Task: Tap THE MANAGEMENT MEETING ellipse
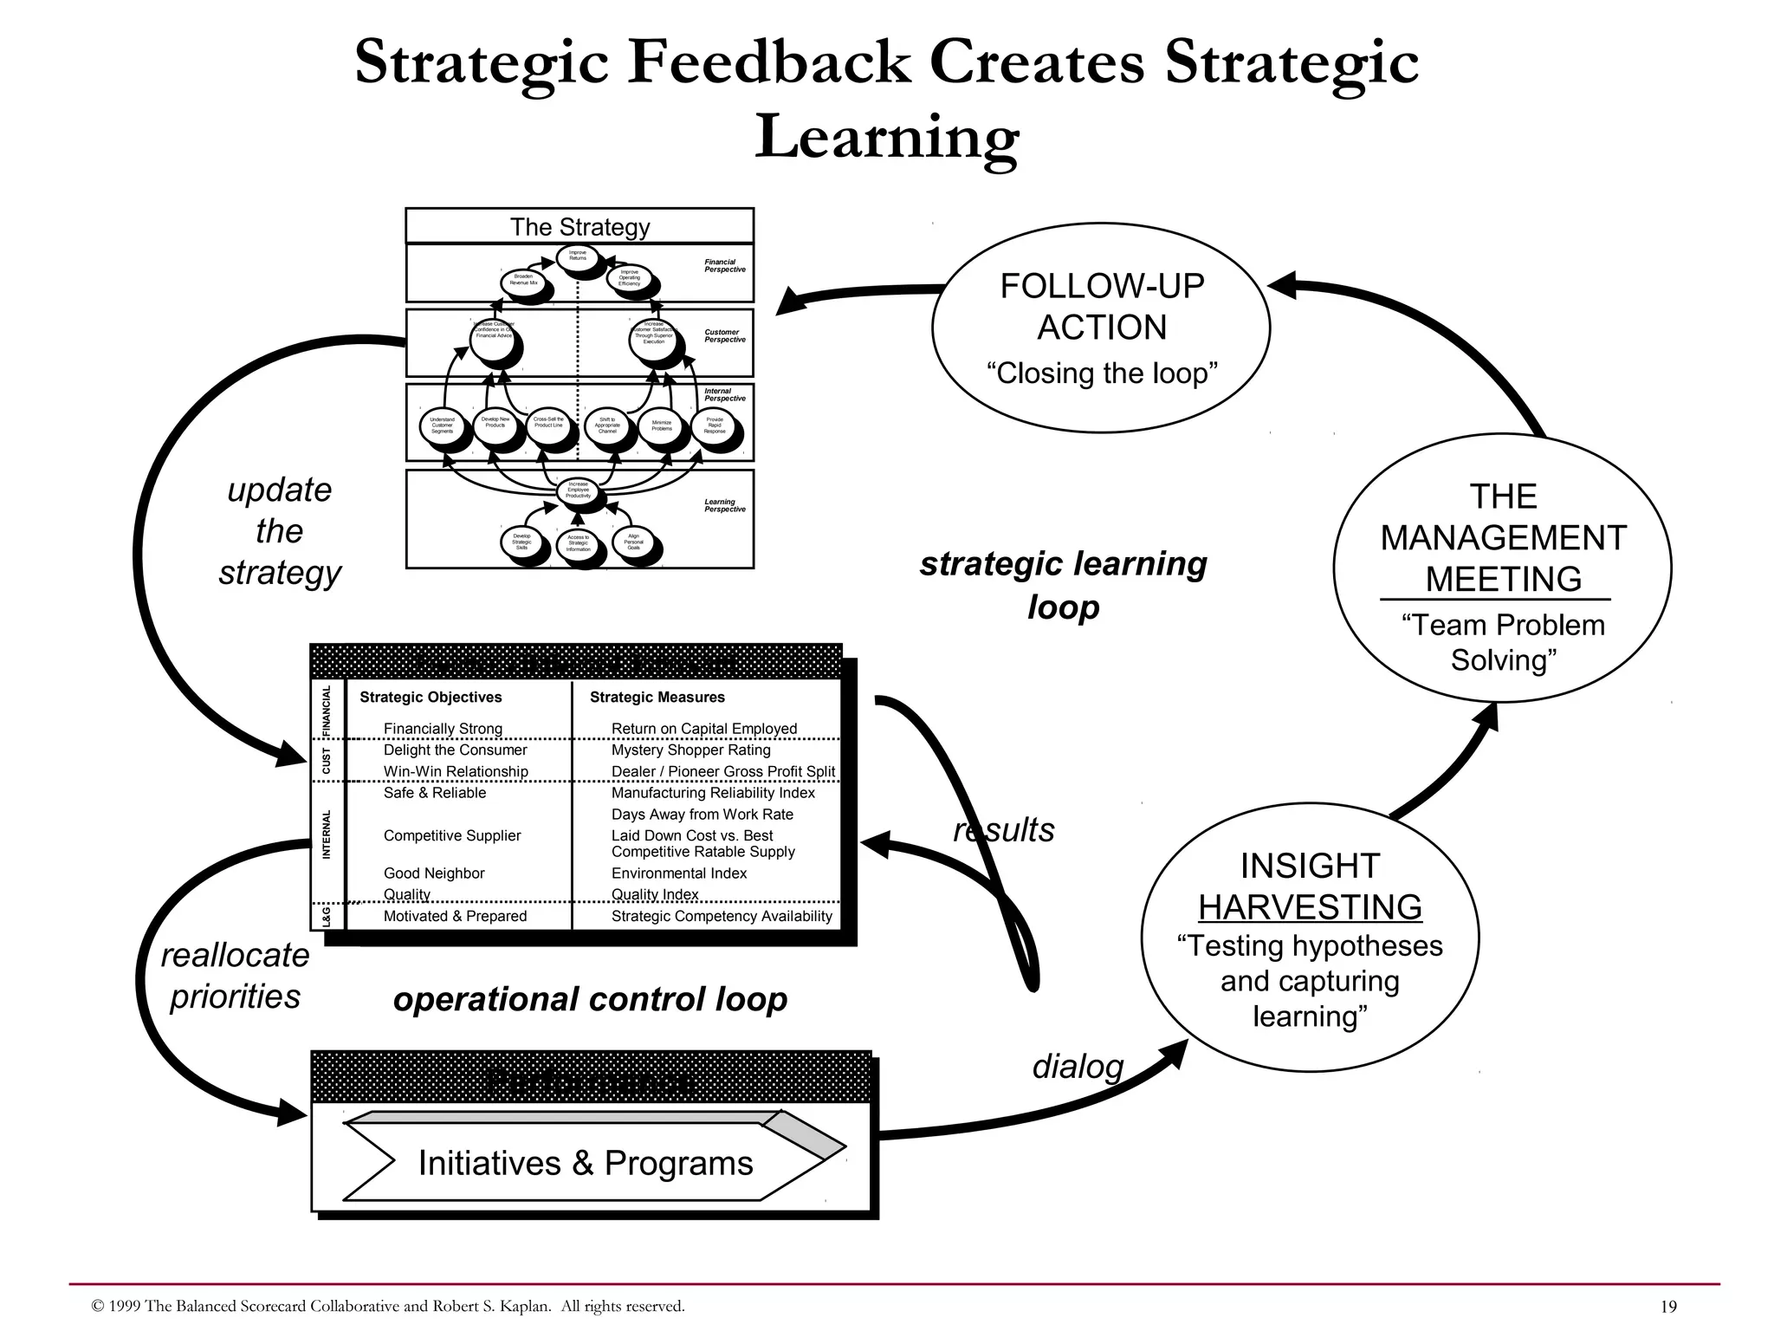click(x=1502, y=568)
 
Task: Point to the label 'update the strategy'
click(x=280, y=531)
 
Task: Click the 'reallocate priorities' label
click(x=235, y=976)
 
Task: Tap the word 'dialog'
click(x=1077, y=1066)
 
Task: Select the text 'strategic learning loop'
click(x=1063, y=585)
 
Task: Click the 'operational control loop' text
click(x=590, y=999)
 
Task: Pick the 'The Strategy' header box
click(x=579, y=226)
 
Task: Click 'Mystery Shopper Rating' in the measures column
click(x=690, y=750)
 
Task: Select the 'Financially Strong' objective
click(x=443, y=729)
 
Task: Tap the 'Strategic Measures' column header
click(x=657, y=697)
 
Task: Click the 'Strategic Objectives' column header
click(x=431, y=697)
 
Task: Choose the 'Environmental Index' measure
click(x=678, y=873)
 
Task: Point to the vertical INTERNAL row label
click(x=327, y=834)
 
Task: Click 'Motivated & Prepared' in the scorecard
click(x=455, y=916)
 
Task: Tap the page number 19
click(x=1668, y=1307)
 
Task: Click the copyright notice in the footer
click(x=387, y=1306)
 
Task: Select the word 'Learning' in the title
click(x=886, y=137)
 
